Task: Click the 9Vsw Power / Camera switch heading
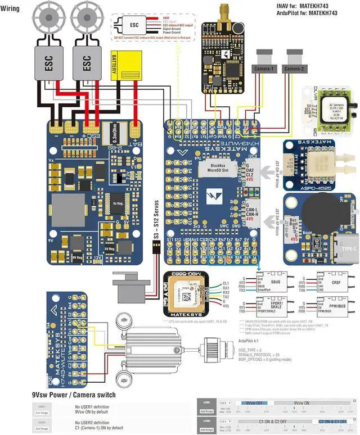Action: [x=74, y=395]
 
